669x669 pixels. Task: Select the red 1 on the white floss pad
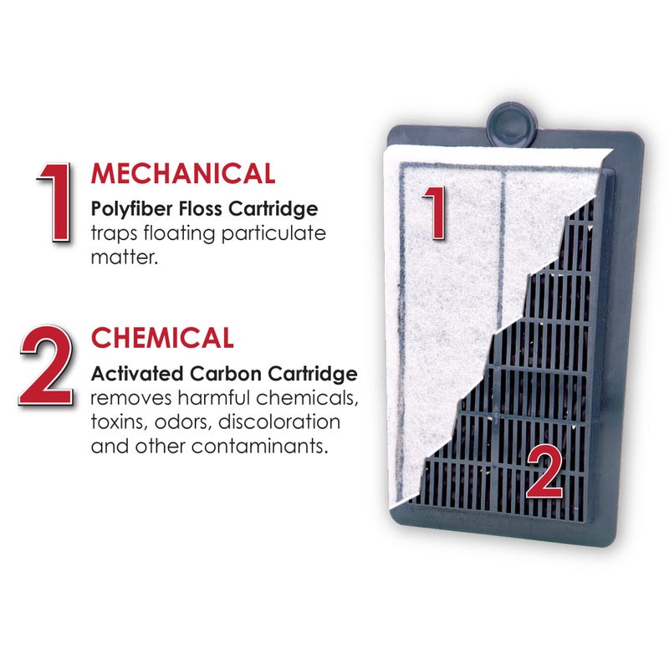(x=432, y=212)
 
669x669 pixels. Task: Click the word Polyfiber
(x=126, y=207)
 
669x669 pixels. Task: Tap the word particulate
(x=270, y=232)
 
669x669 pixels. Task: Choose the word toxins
(x=118, y=420)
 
